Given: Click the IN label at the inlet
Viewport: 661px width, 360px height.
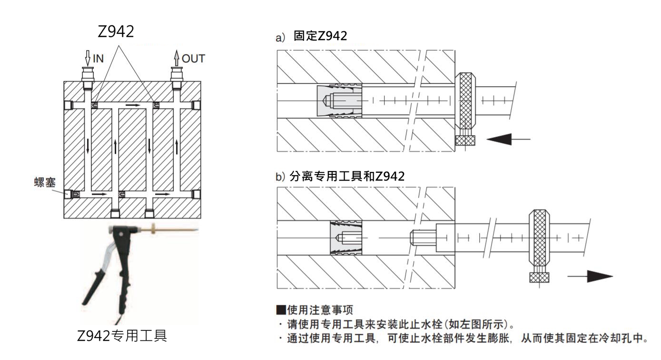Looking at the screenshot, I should click(x=98, y=59).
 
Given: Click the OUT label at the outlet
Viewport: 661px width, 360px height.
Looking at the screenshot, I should click(x=194, y=59).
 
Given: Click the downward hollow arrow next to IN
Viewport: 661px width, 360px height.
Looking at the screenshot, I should click(x=87, y=58).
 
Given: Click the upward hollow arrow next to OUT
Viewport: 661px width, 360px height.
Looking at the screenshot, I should click(x=177, y=58).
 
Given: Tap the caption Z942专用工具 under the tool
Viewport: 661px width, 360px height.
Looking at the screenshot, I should click(x=122, y=336).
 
